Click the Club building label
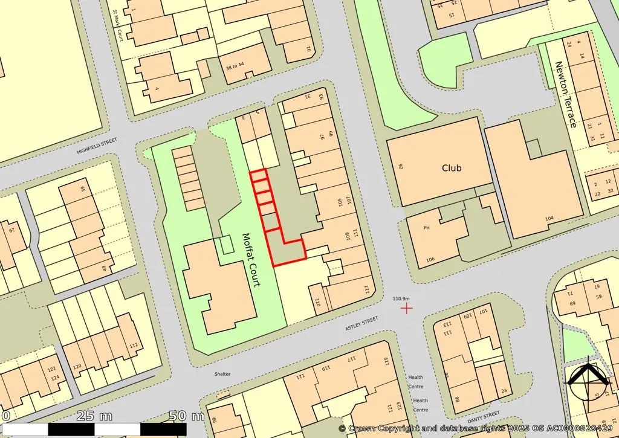tap(451, 168)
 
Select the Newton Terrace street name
tap(565, 95)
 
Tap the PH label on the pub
tap(426, 228)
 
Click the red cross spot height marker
tap(407, 308)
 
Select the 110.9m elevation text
tap(401, 298)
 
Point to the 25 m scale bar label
tap(95, 416)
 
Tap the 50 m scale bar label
tap(187, 416)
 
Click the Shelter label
tap(222, 374)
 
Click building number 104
tap(549, 218)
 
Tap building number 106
tap(430, 260)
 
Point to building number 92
tap(401, 167)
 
